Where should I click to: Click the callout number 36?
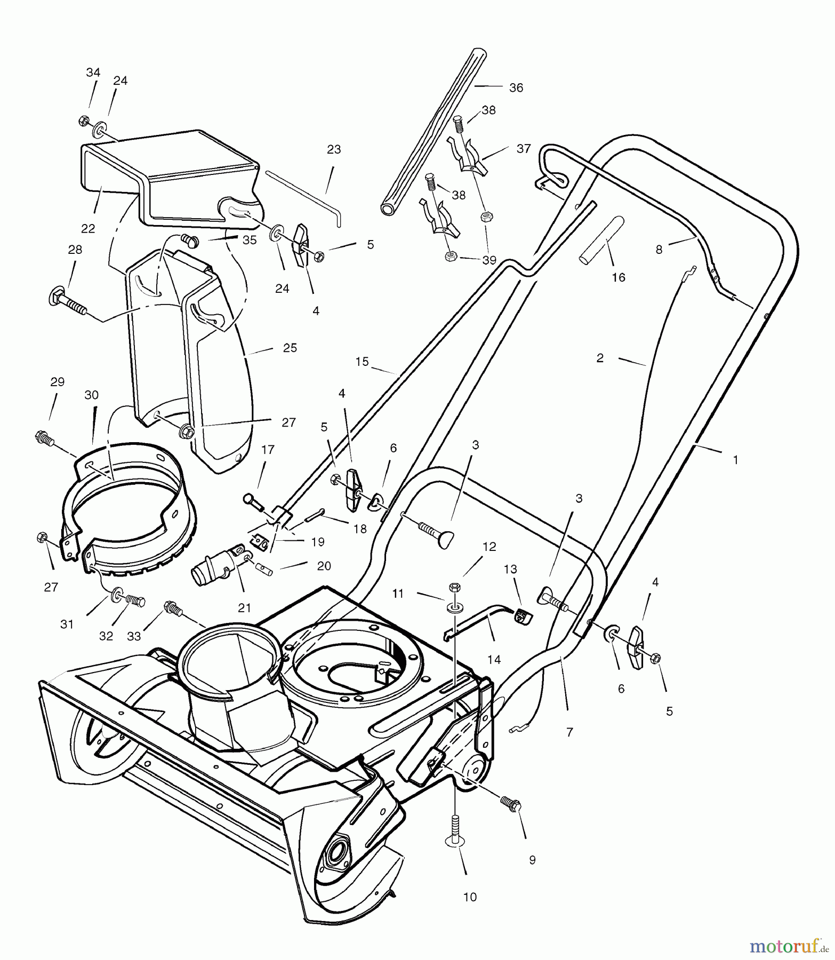coord(516,87)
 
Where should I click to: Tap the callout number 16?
coord(619,278)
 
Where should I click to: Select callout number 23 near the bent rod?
coord(334,150)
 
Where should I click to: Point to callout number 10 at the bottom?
coord(470,897)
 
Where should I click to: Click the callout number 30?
coord(92,395)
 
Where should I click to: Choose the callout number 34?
coord(93,72)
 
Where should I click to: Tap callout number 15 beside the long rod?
coord(362,362)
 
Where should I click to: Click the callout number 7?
coord(569,733)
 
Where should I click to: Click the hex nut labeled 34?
coord(84,121)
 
